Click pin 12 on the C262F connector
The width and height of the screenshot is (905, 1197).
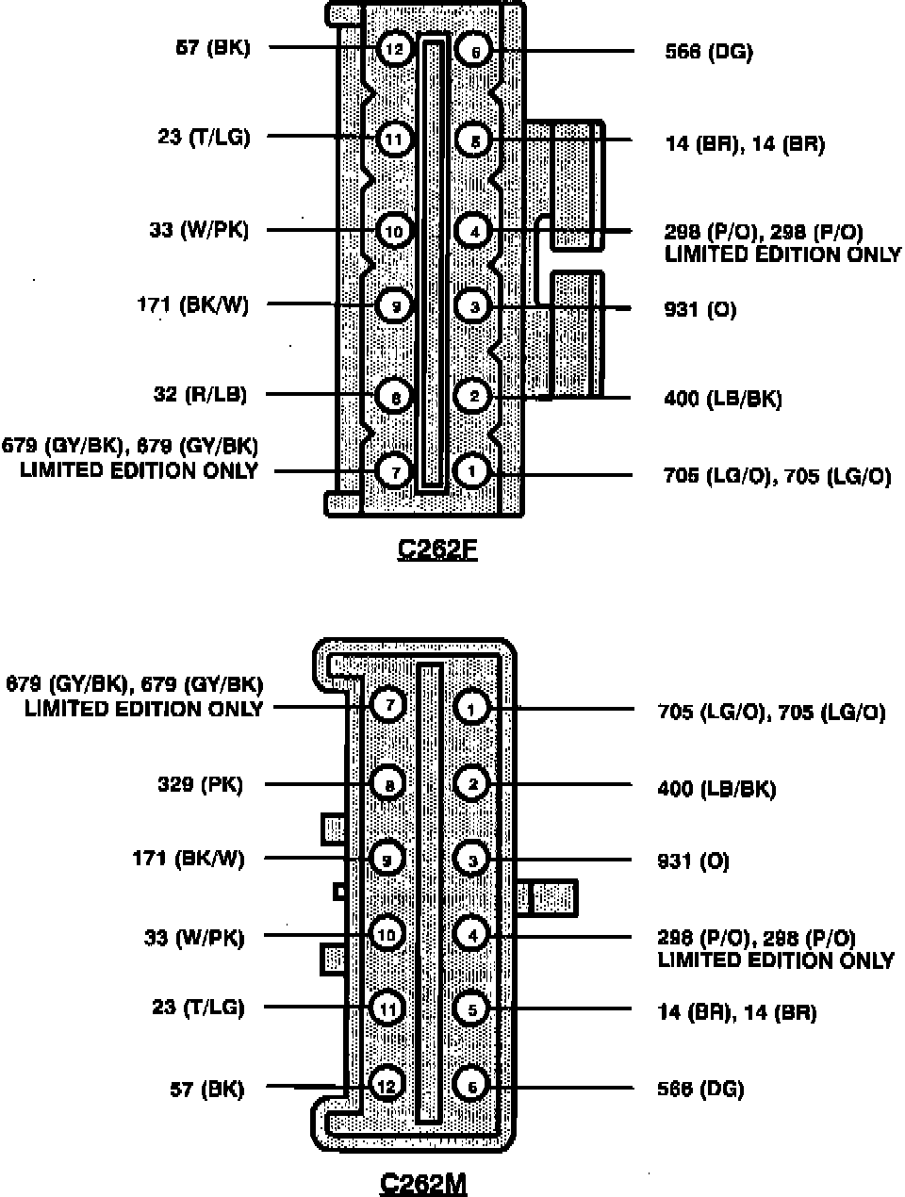tap(395, 49)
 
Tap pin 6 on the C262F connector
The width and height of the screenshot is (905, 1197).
tap(474, 50)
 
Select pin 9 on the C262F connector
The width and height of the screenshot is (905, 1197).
tap(395, 305)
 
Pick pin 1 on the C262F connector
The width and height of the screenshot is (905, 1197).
tap(471, 469)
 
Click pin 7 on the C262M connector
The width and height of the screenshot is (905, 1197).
tap(388, 704)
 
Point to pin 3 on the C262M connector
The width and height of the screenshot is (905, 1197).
tap(471, 859)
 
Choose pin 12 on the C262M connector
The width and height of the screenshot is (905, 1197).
tap(387, 1086)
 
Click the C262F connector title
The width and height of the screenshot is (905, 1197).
tap(437, 549)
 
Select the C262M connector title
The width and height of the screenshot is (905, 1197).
tap(423, 1182)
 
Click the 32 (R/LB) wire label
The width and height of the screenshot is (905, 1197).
tap(200, 394)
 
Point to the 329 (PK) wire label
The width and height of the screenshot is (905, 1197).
tap(200, 784)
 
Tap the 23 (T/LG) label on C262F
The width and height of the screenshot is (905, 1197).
tap(204, 138)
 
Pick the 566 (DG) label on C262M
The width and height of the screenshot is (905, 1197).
tap(700, 1089)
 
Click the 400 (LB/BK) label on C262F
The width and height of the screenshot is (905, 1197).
tap(723, 399)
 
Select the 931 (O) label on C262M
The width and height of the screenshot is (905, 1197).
tap(693, 861)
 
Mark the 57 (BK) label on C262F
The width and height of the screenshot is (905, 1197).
tap(213, 47)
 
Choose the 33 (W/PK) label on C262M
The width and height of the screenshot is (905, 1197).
tap(194, 937)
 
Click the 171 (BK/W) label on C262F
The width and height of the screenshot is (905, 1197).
tap(193, 304)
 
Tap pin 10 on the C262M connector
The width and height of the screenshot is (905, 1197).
tap(387, 934)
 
